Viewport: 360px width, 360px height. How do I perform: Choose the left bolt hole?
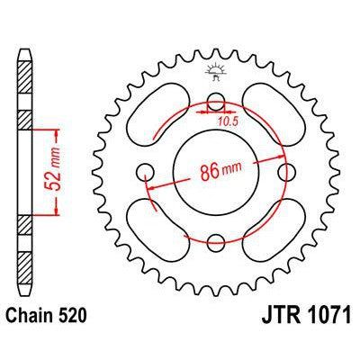143,172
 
